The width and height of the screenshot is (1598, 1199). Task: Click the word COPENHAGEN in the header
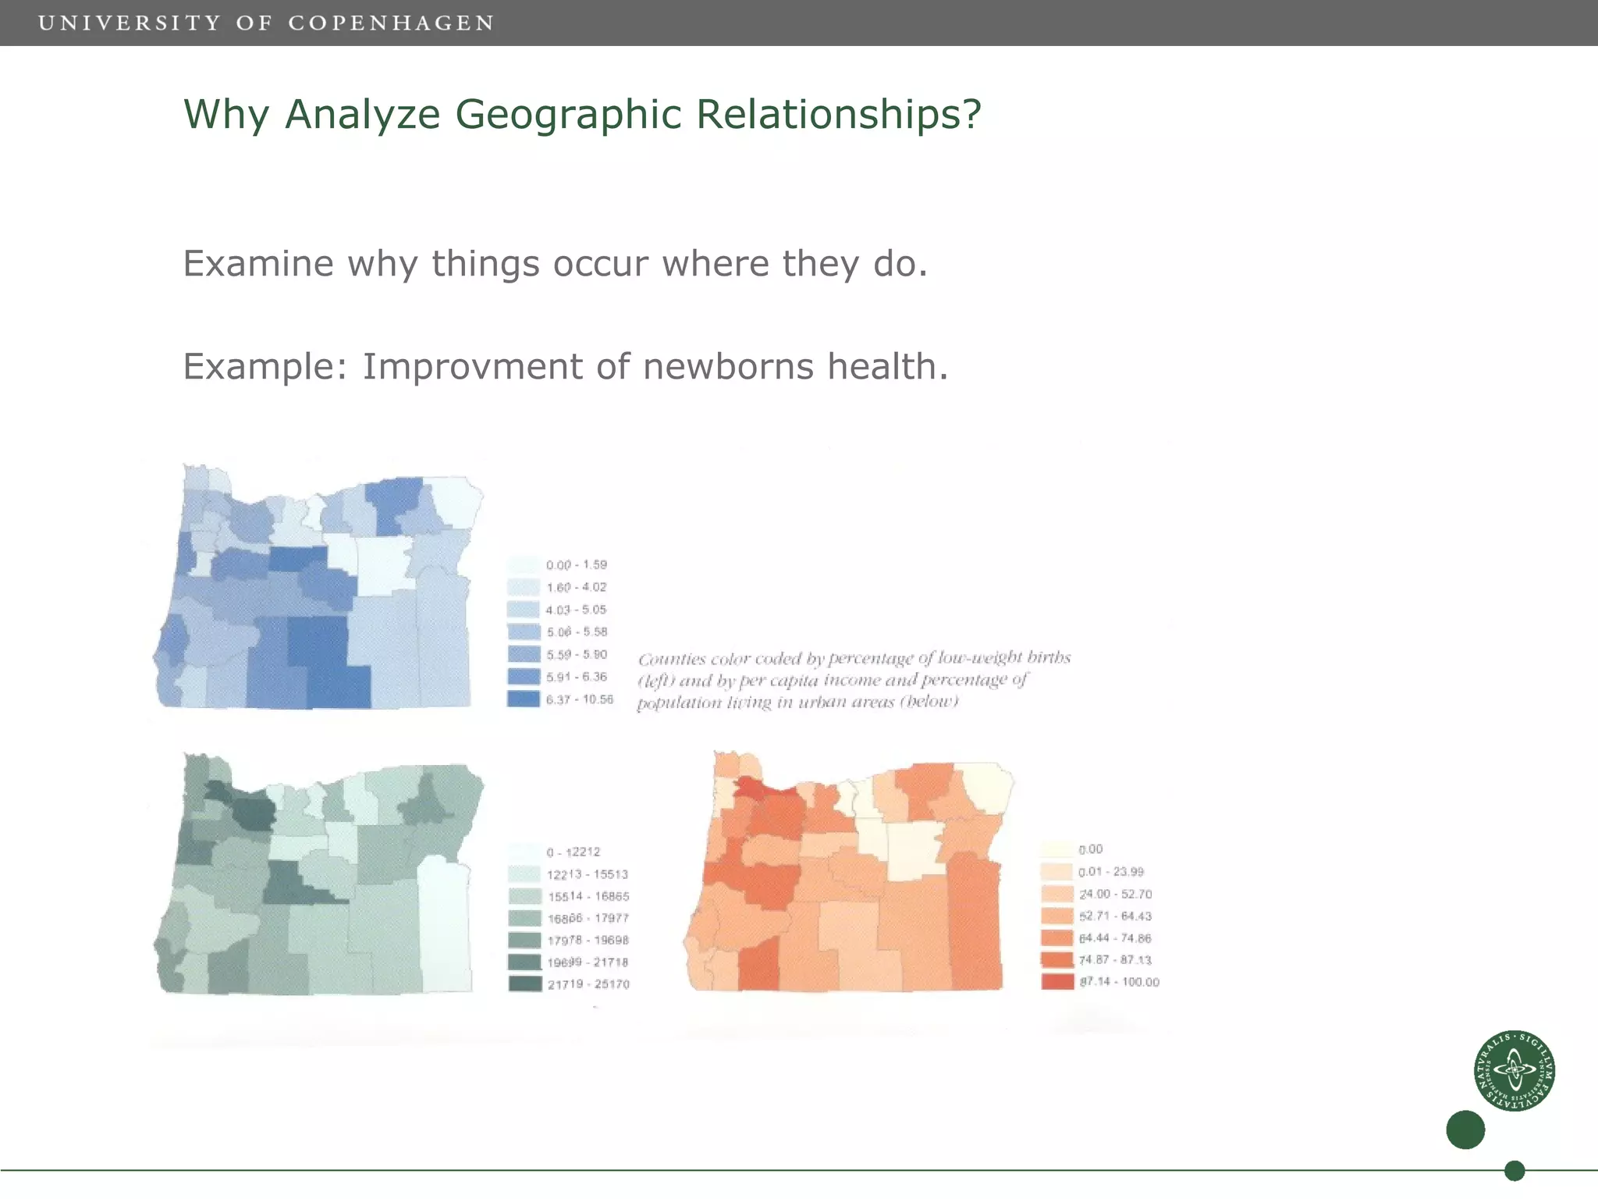tap(391, 23)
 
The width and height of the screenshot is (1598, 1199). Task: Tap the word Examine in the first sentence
tap(258, 263)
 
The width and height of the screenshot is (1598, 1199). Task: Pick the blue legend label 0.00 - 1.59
tap(576, 564)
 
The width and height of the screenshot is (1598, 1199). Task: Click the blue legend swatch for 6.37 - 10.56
tap(524, 699)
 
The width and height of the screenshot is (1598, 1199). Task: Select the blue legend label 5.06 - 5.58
tap(576, 632)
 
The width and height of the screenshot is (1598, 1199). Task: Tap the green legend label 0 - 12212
tap(573, 852)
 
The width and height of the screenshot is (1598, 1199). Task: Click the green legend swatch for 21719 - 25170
tap(524, 984)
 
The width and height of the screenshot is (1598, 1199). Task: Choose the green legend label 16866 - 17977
tap(588, 918)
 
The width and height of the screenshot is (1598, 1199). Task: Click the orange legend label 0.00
tap(1090, 849)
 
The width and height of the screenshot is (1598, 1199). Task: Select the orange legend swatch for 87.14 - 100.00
tap(1057, 981)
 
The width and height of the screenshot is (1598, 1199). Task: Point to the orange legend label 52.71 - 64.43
tap(1115, 916)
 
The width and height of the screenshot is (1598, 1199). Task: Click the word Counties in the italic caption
tap(671, 660)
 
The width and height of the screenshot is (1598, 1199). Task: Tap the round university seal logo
tap(1514, 1070)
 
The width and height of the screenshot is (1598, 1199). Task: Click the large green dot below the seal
tap(1465, 1130)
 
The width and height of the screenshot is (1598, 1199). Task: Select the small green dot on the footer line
tap(1514, 1170)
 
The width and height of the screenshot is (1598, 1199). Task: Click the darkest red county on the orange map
tap(750, 787)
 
